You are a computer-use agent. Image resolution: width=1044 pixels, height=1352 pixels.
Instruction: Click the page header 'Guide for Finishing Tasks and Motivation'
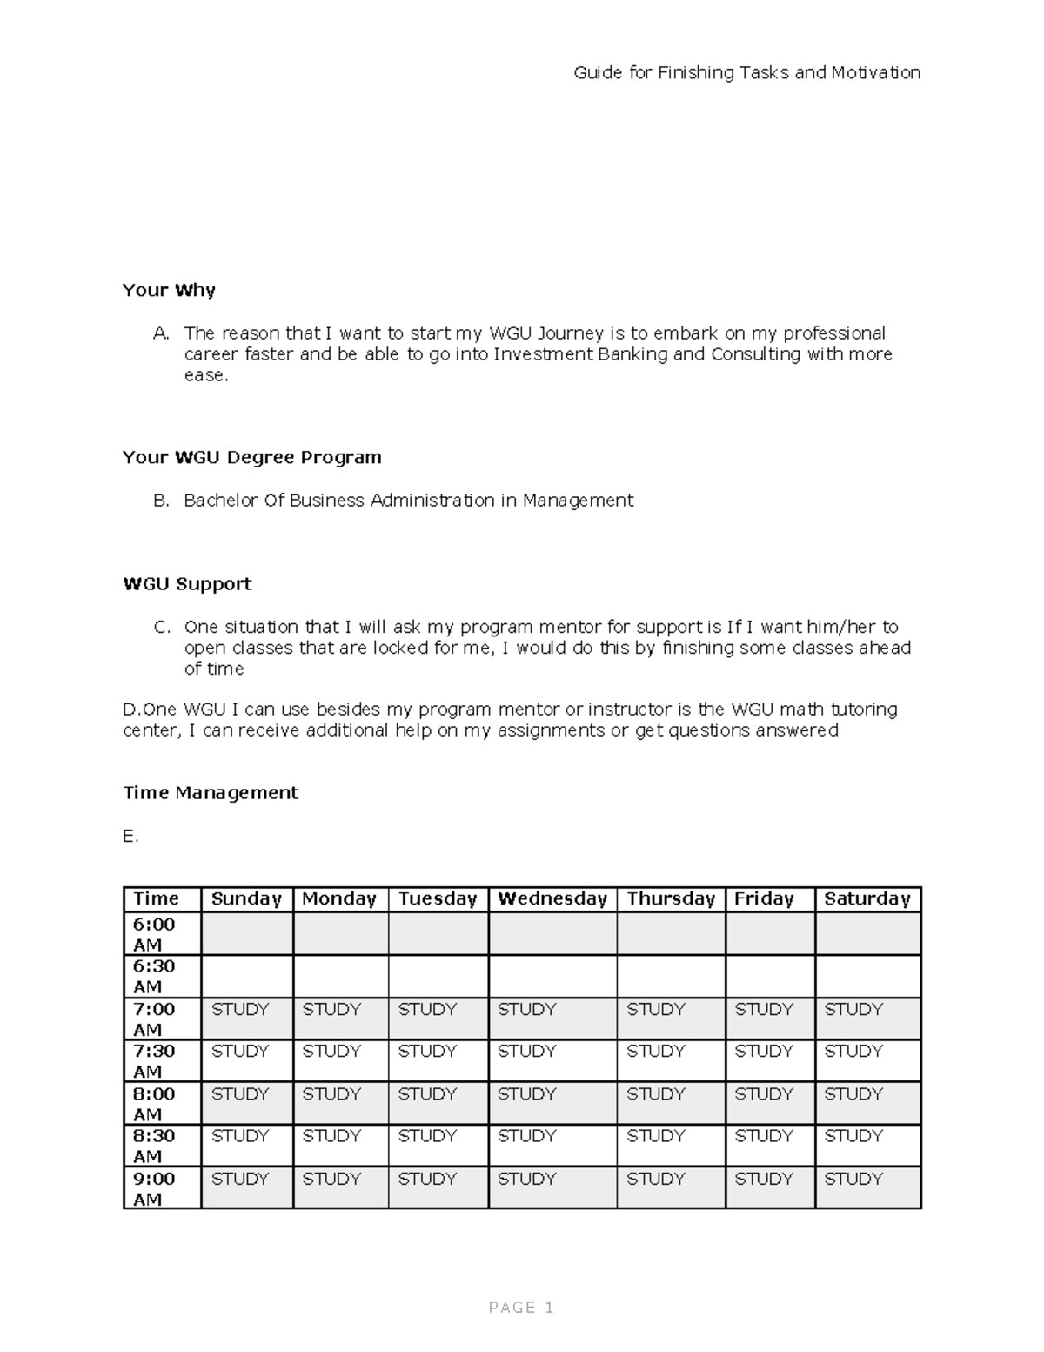click(746, 73)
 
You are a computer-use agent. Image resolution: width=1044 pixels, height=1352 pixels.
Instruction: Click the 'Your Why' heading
click(169, 291)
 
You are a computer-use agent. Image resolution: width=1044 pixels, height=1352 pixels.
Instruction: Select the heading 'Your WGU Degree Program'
click(252, 458)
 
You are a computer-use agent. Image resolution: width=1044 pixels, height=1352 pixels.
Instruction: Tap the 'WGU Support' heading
click(187, 584)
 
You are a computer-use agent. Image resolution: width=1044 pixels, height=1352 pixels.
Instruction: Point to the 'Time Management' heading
click(211, 793)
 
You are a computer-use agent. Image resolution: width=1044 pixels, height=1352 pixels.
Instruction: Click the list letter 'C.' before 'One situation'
click(161, 628)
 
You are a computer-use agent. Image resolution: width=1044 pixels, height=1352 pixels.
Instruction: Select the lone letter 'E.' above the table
click(130, 837)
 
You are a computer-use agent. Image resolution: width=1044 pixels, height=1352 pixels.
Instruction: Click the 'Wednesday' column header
click(552, 899)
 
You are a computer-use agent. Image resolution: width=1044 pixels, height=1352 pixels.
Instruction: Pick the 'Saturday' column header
click(867, 899)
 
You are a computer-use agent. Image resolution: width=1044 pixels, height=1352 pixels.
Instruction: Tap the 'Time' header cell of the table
click(157, 899)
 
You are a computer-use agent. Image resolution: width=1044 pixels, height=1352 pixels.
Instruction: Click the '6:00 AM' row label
click(154, 934)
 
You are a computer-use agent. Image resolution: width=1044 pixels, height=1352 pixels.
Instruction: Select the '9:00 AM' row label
click(154, 1188)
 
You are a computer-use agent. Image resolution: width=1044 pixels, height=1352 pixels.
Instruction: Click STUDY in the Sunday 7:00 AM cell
click(240, 1010)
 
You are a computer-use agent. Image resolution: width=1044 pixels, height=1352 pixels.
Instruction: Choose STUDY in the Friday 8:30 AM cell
click(763, 1136)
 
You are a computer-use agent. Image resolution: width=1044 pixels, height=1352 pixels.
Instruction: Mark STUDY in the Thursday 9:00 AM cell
click(655, 1179)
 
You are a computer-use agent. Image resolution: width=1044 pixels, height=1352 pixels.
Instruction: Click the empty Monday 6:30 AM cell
click(340, 976)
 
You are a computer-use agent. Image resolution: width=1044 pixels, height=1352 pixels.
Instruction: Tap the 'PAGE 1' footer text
click(521, 1308)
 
